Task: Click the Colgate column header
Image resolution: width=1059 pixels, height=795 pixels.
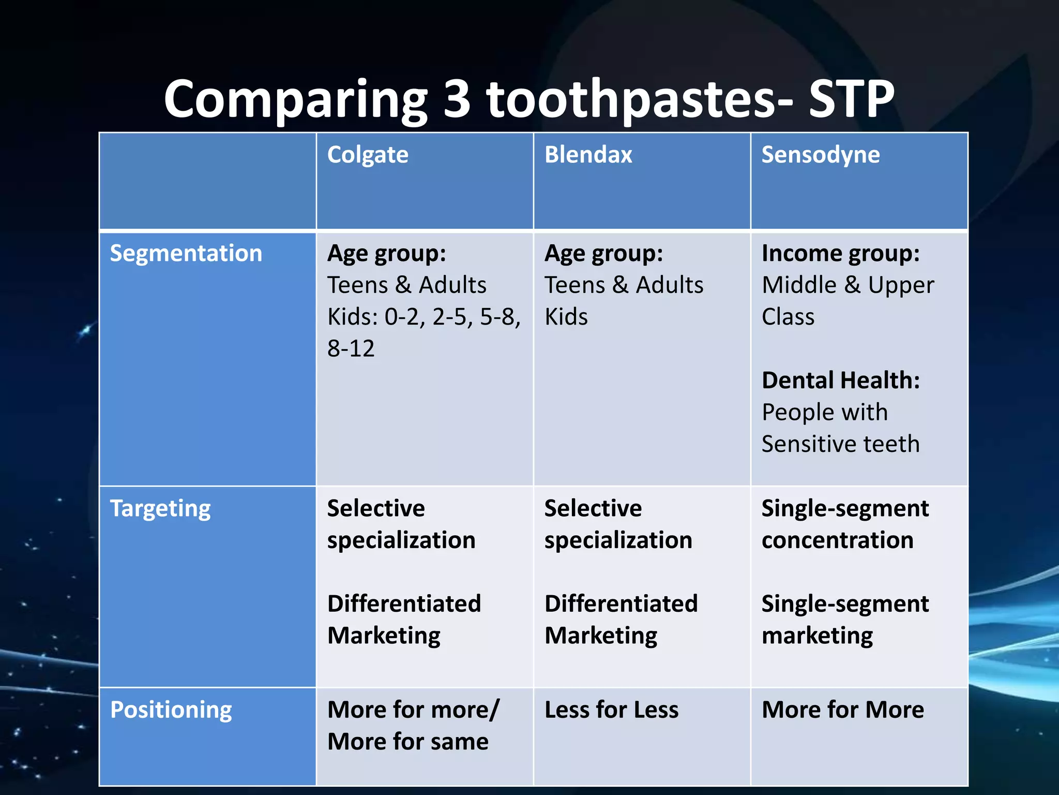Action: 368,155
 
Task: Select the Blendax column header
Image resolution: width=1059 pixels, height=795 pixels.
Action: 588,155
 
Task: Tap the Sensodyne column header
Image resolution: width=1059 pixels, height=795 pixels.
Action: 820,155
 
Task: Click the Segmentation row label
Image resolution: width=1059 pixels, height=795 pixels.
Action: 186,253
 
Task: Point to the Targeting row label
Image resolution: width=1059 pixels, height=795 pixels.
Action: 160,508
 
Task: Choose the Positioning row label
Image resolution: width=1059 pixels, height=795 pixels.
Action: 171,710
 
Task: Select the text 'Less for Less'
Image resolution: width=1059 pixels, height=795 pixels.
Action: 611,710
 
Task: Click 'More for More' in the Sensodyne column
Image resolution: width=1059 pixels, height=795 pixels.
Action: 842,710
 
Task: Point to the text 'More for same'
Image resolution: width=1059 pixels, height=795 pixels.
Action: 407,742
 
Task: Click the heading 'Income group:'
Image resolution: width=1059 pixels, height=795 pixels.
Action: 840,253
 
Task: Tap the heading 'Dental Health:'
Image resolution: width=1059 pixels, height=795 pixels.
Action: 840,380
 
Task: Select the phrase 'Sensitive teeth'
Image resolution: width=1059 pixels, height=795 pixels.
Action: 840,444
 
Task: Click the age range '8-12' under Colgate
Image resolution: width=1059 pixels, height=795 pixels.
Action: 351,348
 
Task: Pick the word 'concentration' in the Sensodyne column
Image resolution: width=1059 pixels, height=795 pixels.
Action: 837,540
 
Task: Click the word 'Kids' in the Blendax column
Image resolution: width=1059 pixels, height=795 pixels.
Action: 566,317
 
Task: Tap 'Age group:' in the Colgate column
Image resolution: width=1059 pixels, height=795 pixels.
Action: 386,253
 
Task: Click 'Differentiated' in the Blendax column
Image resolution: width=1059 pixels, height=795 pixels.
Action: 621,604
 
